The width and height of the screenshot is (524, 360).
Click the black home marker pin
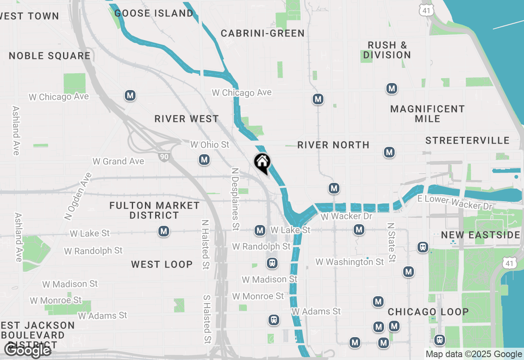[262, 163]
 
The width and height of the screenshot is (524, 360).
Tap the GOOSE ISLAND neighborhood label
[154, 13]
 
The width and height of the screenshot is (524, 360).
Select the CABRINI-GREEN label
[262, 33]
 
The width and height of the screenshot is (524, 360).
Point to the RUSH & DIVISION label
[386, 50]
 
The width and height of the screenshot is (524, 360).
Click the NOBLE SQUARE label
[50, 56]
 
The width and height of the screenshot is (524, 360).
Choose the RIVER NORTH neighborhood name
[333, 145]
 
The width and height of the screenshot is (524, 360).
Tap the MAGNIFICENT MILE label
[427, 114]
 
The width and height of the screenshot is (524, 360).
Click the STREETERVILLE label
[467, 141]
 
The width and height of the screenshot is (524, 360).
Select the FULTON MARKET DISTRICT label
[154, 210]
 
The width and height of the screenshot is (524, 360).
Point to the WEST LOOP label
[162, 264]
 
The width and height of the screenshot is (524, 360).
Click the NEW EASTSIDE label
[480, 235]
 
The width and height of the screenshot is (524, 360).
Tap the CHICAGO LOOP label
[428, 312]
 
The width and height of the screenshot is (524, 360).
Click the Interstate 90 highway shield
[164, 155]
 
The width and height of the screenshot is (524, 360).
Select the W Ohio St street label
[210, 145]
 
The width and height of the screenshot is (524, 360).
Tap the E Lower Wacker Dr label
[454, 202]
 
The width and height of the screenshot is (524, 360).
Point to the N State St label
[391, 242]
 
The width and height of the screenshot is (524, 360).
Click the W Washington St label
[349, 262]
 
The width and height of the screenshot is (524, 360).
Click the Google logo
[28, 351]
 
